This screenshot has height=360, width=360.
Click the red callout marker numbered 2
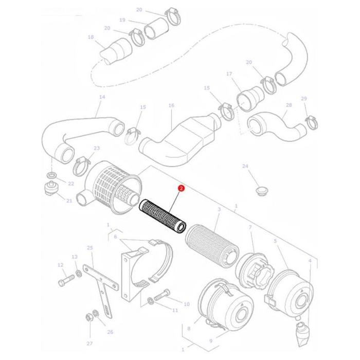[181, 189]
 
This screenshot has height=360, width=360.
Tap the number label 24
[245, 166]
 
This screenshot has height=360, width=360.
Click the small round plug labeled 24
[262, 191]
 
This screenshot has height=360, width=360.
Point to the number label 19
[122, 20]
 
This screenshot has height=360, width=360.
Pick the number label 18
[91, 37]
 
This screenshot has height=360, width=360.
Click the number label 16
[171, 106]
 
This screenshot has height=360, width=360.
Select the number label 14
[102, 97]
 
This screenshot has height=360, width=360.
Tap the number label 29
[303, 99]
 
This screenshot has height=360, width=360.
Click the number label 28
[289, 105]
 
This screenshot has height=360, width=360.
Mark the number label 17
[229, 74]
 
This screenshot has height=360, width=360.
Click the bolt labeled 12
[65, 282]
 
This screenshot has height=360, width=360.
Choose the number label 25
[90, 248]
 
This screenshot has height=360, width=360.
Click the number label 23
[96, 148]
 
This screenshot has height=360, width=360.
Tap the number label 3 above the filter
[219, 210]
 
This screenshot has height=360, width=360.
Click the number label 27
[89, 343]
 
